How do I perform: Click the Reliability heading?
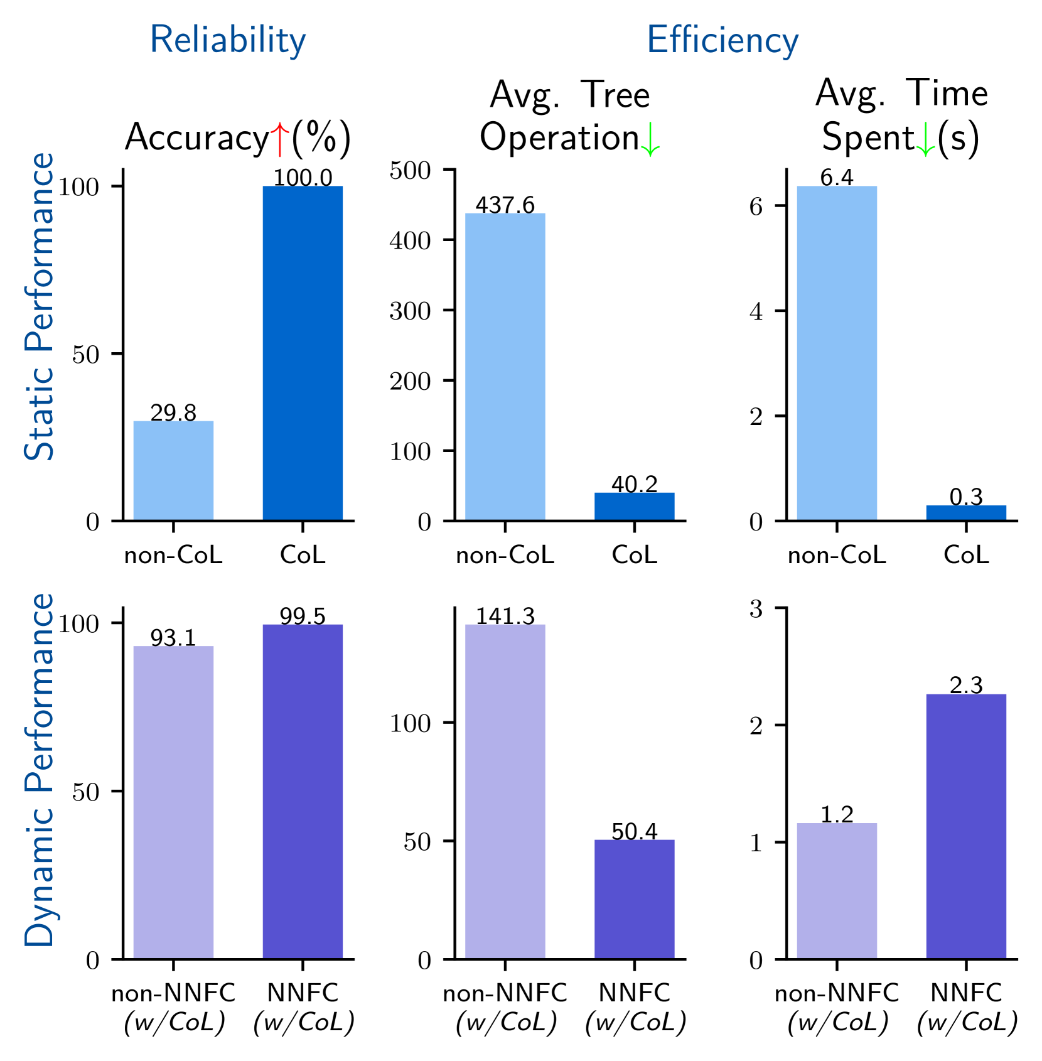(227, 41)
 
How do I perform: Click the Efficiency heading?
(722, 41)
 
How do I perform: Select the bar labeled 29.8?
(173, 471)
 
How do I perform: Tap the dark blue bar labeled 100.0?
(303, 353)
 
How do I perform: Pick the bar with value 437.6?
(505, 367)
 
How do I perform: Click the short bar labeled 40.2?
(634, 507)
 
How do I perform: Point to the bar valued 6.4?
(836, 353)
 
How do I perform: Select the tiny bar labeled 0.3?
(965, 513)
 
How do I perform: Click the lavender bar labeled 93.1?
(173, 802)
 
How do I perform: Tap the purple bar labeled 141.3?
(505, 791)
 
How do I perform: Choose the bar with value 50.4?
(634, 898)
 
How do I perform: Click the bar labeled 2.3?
(965, 826)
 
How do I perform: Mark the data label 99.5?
(303, 617)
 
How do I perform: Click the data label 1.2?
(837, 814)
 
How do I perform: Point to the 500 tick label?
(410, 171)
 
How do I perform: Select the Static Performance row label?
(39, 306)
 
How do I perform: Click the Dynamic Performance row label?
(39, 769)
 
